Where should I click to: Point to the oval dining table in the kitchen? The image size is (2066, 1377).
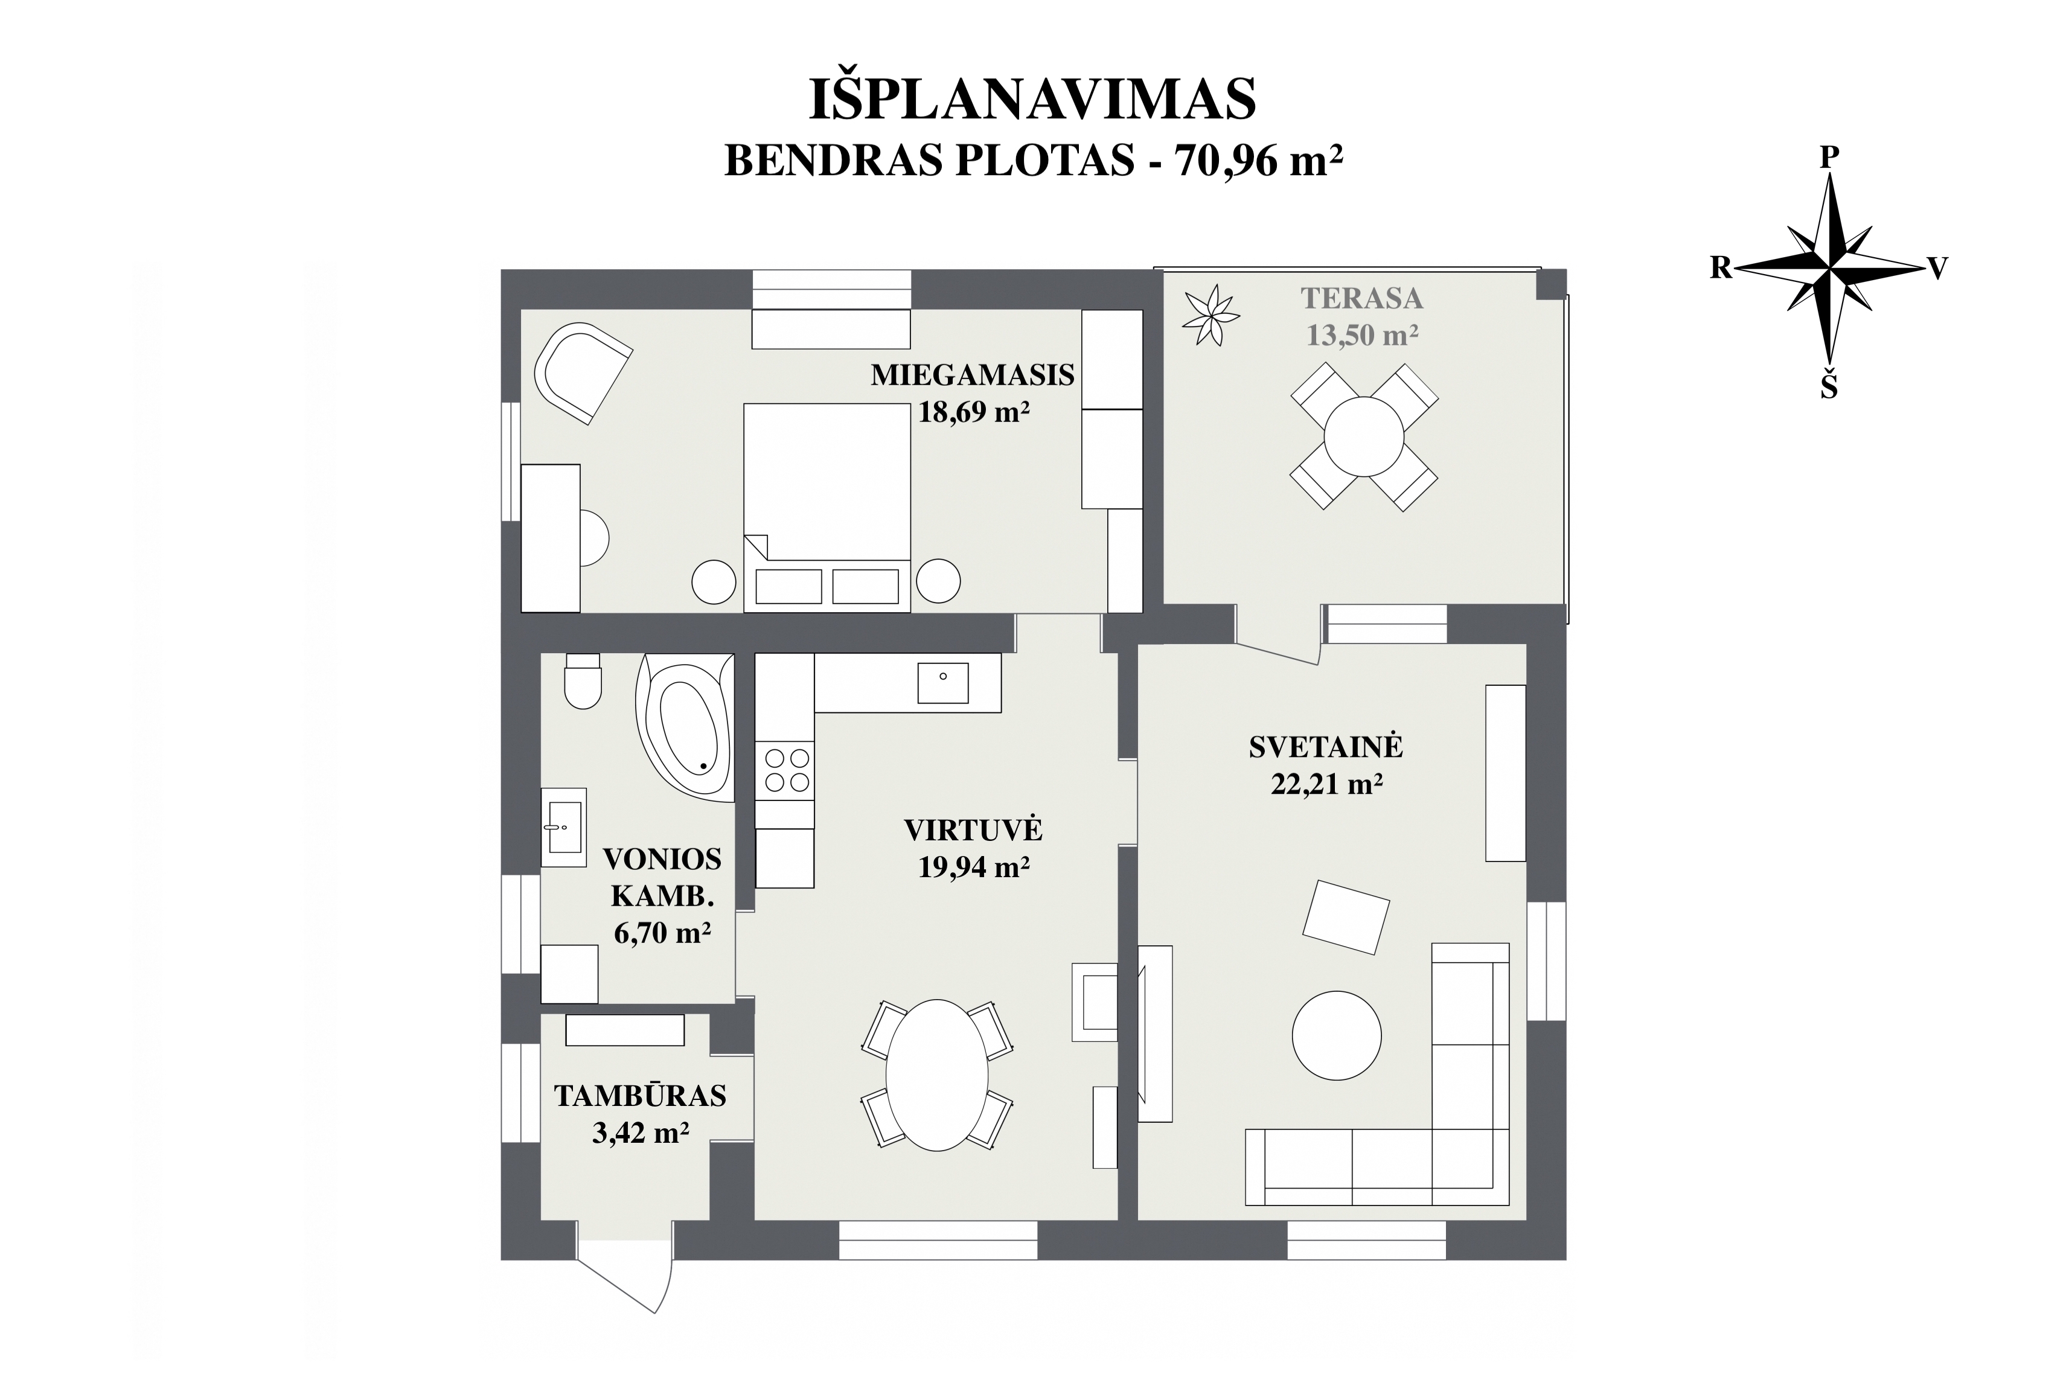tap(937, 1075)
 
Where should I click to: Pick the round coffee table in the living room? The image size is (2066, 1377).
tap(1335, 1035)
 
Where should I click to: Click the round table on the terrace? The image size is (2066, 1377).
tap(1364, 436)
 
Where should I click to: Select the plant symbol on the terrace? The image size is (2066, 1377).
tap(1210, 315)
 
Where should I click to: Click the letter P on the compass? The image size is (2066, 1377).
tap(1829, 157)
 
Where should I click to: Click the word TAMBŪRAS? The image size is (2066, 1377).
tap(640, 1096)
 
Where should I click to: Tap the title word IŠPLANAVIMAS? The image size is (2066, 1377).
tap(1032, 98)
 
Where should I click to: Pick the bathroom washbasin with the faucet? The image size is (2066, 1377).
tap(563, 827)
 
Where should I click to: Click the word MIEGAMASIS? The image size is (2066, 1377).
tap(972, 375)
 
